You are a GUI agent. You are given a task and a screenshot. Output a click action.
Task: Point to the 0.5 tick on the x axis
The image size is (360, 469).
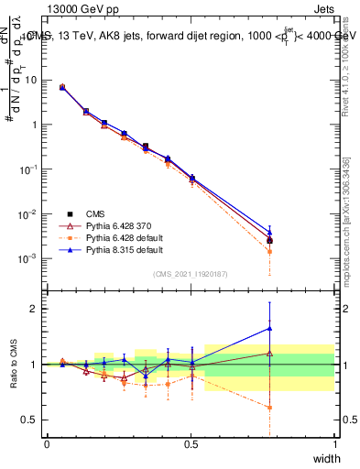191,444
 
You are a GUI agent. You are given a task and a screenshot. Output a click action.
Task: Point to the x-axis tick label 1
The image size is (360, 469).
334,444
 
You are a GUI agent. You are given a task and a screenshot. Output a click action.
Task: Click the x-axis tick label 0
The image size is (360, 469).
47,444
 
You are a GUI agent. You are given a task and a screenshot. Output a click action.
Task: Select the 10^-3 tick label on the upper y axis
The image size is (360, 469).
30,258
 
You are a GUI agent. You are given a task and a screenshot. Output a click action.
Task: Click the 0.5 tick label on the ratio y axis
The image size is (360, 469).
32,420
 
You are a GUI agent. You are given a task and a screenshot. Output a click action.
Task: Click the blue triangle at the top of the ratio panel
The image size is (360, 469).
269,328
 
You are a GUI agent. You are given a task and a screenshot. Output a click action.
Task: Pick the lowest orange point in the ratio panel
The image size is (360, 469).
269,408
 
